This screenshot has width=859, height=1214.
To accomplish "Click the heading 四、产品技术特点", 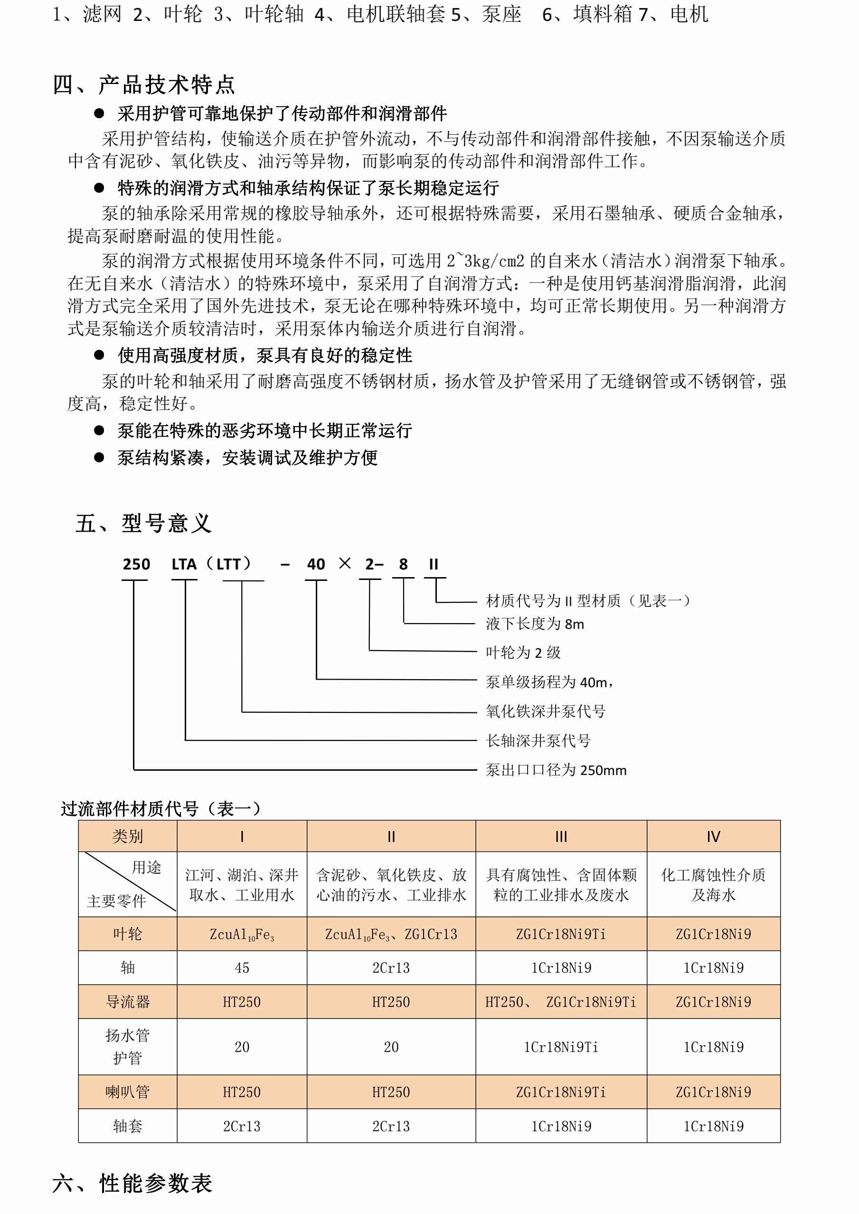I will (143, 84).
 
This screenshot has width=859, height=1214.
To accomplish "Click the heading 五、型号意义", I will (143, 523).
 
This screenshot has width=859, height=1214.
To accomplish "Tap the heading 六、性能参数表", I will (132, 1183).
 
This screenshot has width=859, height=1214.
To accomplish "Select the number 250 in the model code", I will (136, 564).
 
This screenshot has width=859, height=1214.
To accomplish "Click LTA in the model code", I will (184, 564).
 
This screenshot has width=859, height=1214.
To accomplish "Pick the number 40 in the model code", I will (316, 564).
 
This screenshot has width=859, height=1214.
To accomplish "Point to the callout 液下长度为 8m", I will (535, 624).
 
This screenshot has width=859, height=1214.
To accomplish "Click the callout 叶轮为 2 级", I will (523, 653).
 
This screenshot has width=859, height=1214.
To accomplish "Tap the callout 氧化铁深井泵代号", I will (545, 711).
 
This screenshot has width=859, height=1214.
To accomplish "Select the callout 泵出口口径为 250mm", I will (556, 770).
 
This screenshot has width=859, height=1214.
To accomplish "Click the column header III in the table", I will (561, 837).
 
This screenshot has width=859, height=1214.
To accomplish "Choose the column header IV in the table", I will (713, 837).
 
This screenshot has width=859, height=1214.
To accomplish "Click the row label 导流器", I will (127, 1001).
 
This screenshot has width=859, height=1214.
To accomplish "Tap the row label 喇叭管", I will (127, 1092).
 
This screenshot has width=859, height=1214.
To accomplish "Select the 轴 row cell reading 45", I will (242, 968).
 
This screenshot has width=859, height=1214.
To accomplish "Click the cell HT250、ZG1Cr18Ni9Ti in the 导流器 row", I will (561, 1001).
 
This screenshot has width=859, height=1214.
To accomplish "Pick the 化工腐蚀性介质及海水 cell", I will (713, 885).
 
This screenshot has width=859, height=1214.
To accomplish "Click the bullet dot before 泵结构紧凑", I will (99, 458).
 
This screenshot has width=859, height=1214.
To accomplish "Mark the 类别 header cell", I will (127, 837).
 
